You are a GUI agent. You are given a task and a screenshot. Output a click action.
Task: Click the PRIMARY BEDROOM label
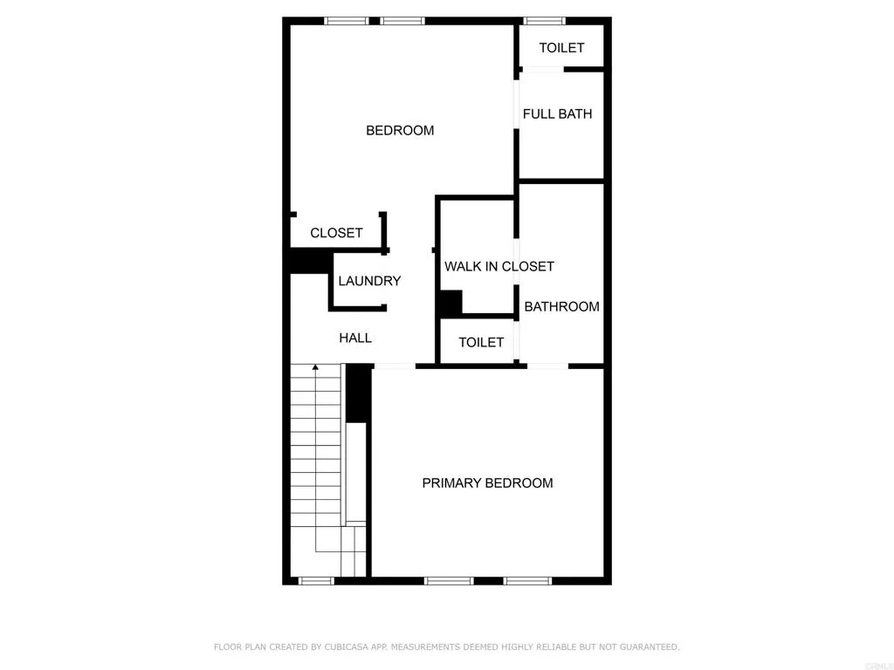[487, 482]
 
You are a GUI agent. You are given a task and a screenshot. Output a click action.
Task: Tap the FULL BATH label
[557, 113]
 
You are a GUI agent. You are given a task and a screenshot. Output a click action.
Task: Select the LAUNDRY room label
[369, 281]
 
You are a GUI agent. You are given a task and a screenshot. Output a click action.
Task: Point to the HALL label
[355, 338]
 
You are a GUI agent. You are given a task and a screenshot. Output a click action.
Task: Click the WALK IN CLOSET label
[499, 266]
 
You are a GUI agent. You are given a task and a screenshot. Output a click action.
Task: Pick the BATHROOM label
[561, 306]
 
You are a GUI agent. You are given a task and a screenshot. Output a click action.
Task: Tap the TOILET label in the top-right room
[561, 48]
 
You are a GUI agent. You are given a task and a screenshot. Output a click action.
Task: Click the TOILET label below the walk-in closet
[481, 343]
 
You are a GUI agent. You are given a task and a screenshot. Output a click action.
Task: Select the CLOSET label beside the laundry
[336, 233]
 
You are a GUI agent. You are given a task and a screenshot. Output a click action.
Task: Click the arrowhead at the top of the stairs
[315, 367]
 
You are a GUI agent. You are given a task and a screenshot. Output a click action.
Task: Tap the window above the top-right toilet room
[544, 20]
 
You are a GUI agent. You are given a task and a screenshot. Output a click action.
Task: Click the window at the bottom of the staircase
[316, 580]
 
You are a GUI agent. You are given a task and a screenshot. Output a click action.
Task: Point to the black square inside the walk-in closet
[450, 303]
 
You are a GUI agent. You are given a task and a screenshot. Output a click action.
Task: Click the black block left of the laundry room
[308, 261]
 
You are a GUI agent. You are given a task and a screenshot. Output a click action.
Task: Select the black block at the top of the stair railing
[357, 393]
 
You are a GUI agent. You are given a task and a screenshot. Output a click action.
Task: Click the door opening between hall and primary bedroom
[394, 366]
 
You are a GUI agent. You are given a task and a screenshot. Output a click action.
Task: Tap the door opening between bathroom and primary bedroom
[547, 366]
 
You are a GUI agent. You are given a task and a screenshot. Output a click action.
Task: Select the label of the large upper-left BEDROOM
[400, 131]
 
